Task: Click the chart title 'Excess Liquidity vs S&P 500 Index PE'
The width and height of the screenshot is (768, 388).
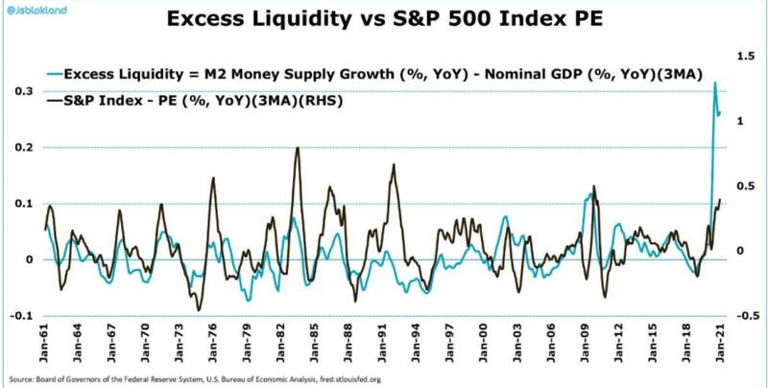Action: pyautogui.click(x=383, y=19)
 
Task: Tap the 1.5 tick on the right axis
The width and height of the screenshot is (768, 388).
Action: pyautogui.click(x=739, y=58)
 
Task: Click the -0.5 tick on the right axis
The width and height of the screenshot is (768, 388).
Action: pyautogui.click(x=737, y=316)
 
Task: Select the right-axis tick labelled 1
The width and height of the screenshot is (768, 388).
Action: pyautogui.click(x=737, y=122)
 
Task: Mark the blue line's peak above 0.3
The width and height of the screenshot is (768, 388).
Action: pyautogui.click(x=715, y=84)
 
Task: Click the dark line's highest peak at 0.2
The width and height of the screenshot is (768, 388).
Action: pyautogui.click(x=298, y=148)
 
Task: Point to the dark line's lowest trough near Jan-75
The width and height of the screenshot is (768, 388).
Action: pyautogui.click(x=199, y=310)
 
